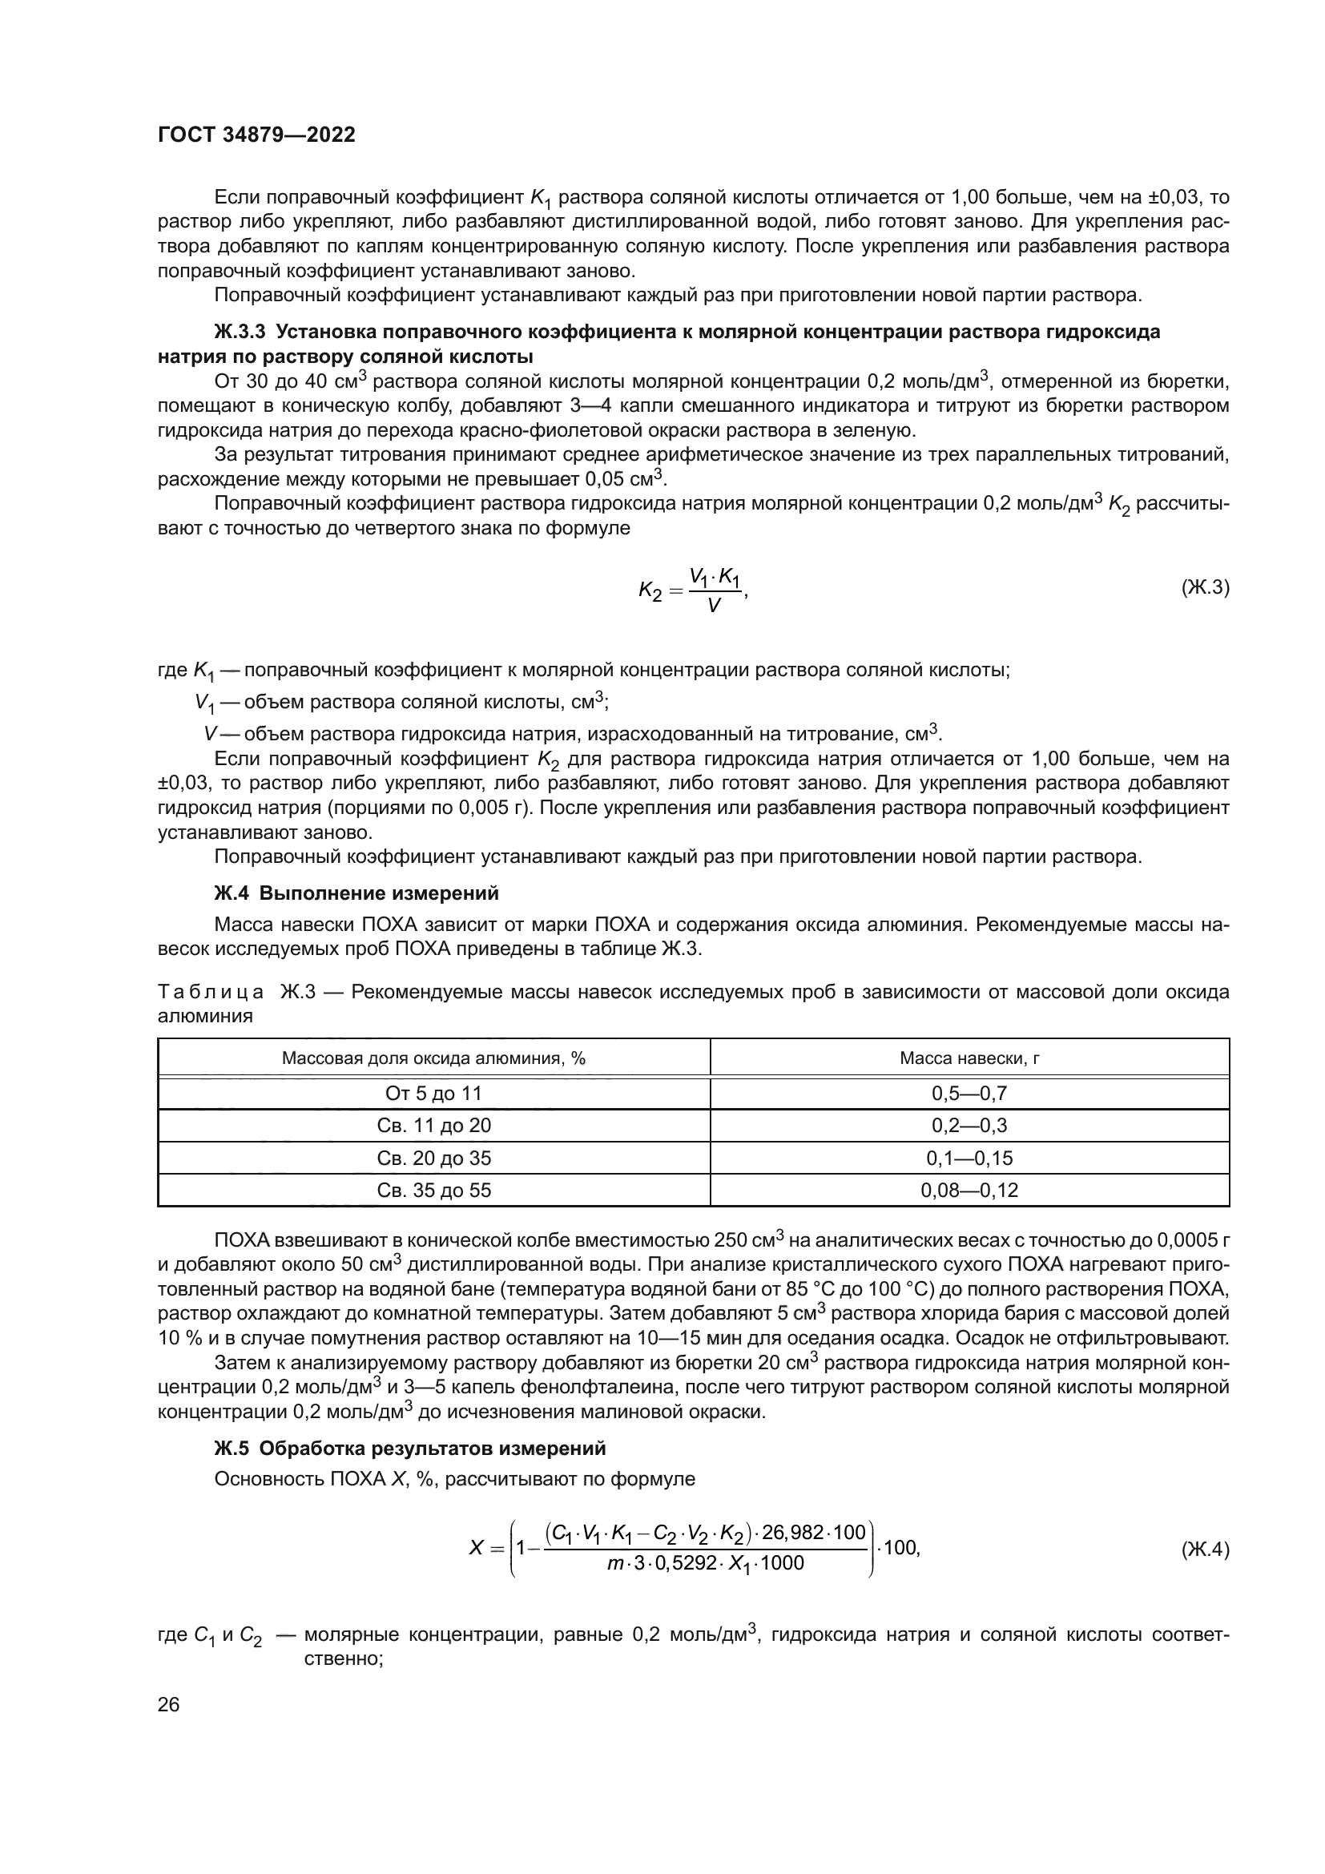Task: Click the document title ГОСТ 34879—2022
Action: point(256,135)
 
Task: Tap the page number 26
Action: point(168,1704)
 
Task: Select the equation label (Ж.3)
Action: point(1204,586)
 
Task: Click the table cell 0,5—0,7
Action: point(969,1093)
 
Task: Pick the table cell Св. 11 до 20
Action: point(434,1126)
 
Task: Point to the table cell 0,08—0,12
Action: point(969,1190)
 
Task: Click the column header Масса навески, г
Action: point(969,1058)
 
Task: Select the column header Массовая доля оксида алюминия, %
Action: point(434,1058)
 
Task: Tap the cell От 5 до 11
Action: point(434,1093)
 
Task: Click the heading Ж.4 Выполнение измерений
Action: point(356,893)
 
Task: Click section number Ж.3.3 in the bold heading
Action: point(240,332)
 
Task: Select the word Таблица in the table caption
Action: point(211,993)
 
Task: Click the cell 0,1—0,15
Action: point(969,1158)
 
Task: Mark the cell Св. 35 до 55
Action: point(434,1190)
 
